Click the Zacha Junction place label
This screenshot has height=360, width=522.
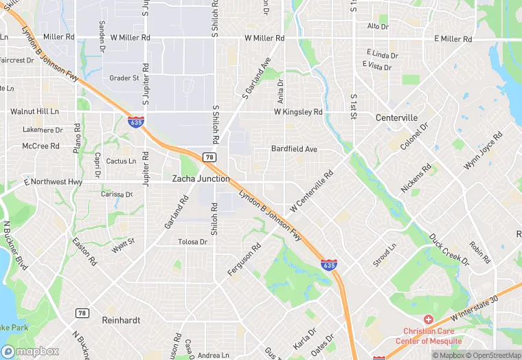point(201,179)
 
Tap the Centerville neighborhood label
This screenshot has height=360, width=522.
point(396,117)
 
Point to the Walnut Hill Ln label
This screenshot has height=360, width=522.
point(34,111)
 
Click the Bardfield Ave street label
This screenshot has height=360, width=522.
point(294,148)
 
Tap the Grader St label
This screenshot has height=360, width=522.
point(124,78)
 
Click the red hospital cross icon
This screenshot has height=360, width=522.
point(428,319)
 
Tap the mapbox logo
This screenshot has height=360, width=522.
point(30,351)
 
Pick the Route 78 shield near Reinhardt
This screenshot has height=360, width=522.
point(82,313)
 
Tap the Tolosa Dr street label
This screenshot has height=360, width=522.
point(193,242)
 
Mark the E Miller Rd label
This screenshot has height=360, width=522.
point(453,39)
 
